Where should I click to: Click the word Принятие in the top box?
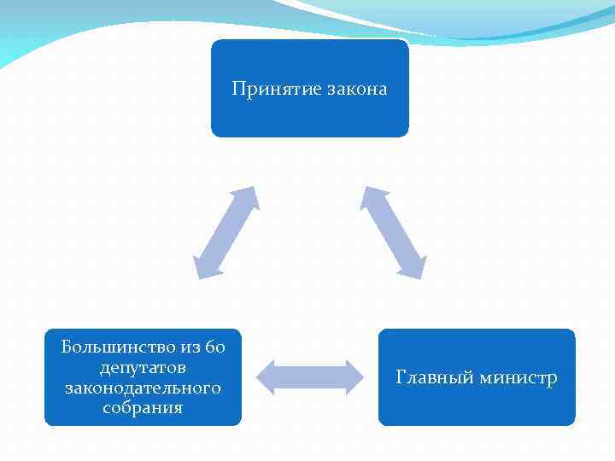[x=276, y=89]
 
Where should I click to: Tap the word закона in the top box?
[x=355, y=89]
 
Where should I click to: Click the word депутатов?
[x=143, y=367]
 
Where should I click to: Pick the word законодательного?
[x=143, y=388]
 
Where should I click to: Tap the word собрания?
[x=143, y=408]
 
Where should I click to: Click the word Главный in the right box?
[x=434, y=377]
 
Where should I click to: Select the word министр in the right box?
[x=518, y=377]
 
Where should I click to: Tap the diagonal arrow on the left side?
[x=226, y=232]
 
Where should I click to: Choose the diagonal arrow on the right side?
[x=393, y=232]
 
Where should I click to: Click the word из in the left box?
[x=189, y=347]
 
